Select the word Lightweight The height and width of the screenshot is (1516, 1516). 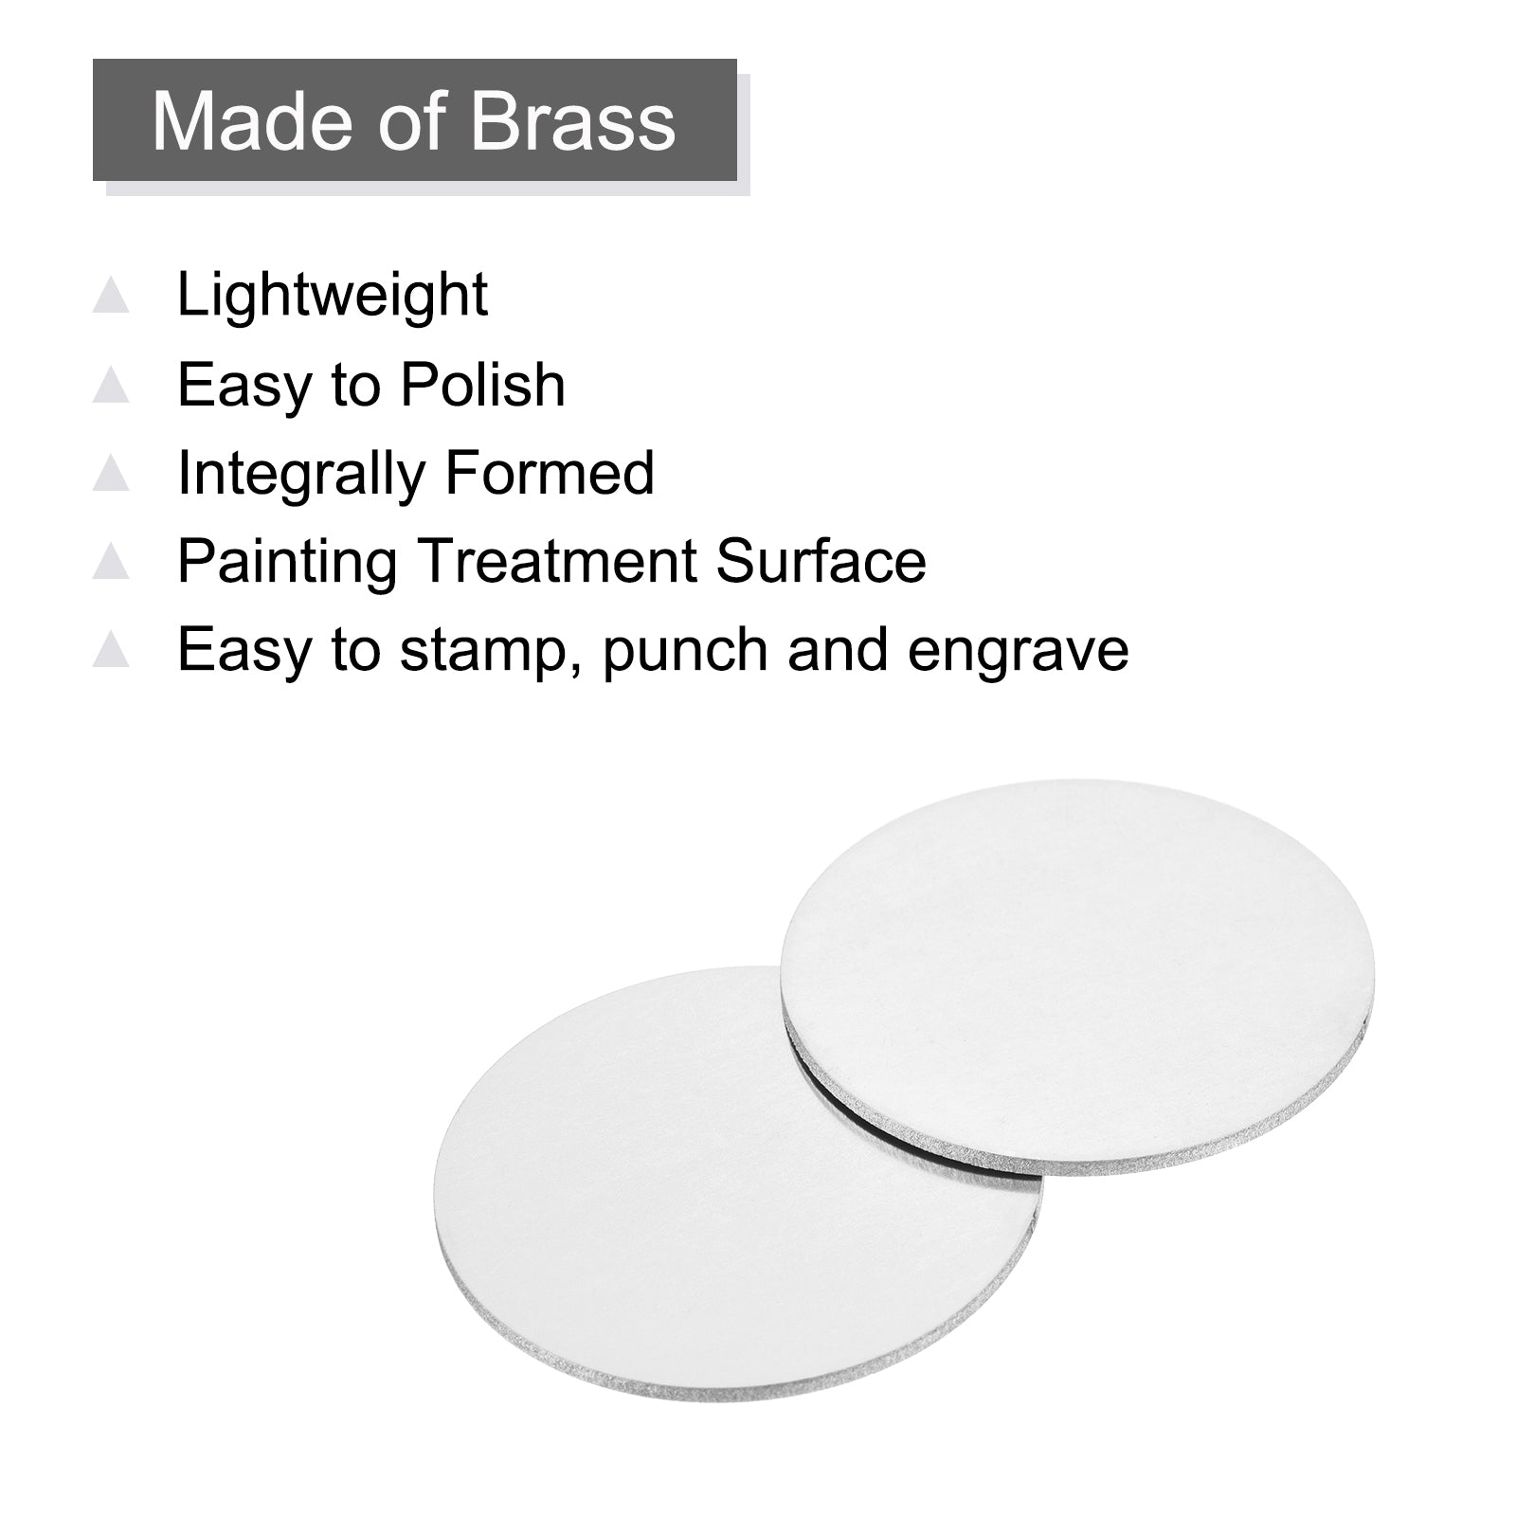333,296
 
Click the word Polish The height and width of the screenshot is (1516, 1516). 482,385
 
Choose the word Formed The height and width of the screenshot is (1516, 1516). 550,473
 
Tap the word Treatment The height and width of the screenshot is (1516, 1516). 557,561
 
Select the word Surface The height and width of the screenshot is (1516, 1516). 821,561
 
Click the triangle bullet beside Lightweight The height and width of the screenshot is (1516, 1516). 112,296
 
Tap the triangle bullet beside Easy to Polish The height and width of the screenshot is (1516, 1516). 112,385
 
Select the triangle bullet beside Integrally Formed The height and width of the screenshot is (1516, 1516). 112,473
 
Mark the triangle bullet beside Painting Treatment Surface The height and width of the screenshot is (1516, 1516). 112,562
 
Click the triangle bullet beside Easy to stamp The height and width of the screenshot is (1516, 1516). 112,650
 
